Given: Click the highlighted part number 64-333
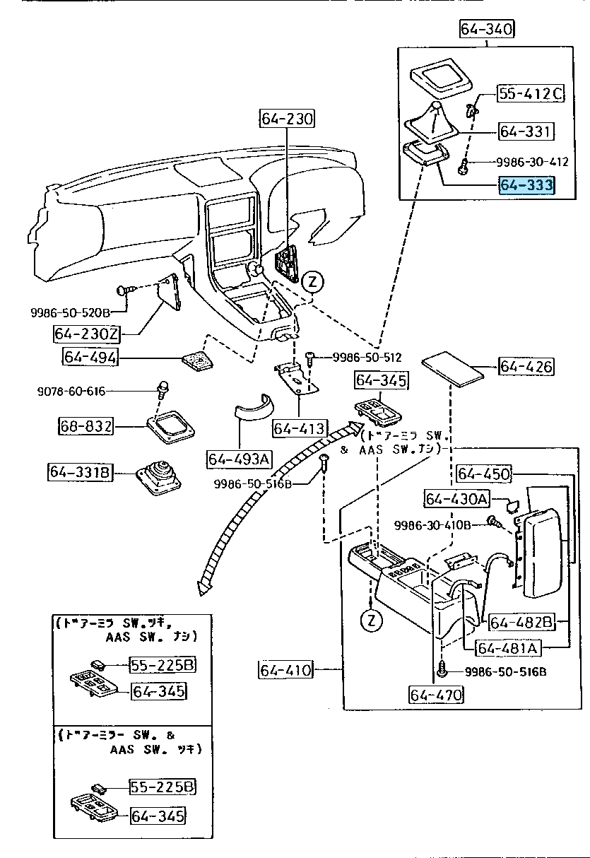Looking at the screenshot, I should click(x=526, y=185).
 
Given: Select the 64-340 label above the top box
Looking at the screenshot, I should click(x=487, y=29).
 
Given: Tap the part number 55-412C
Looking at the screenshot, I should click(x=530, y=93).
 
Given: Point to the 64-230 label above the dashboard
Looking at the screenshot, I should click(x=287, y=118).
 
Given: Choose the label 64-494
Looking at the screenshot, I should click(x=90, y=358).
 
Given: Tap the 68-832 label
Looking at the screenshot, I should click(x=85, y=426).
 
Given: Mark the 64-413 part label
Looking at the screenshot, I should click(x=300, y=428).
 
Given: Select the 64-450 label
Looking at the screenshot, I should click(x=484, y=474).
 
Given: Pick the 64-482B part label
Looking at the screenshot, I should click(x=520, y=622).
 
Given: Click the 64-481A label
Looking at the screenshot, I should click(x=507, y=647).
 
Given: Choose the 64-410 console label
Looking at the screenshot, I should click(x=285, y=669).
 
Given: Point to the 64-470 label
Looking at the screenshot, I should click(x=436, y=695).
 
